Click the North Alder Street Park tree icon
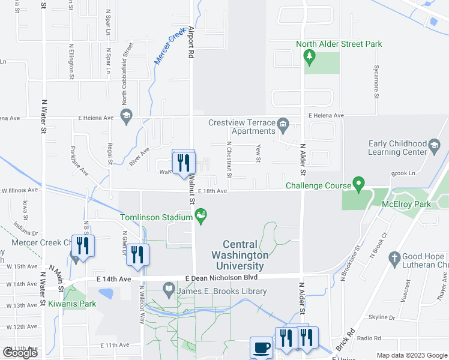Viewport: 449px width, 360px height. pyautogui.click(x=310, y=58)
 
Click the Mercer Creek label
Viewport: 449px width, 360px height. pyautogui.click(x=170, y=47)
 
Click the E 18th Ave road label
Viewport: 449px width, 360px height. pyautogui.click(x=212, y=191)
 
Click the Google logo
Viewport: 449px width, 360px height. pyautogui.click(x=20, y=353)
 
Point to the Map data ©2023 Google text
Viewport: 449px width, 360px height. pyautogui.click(x=411, y=355)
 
